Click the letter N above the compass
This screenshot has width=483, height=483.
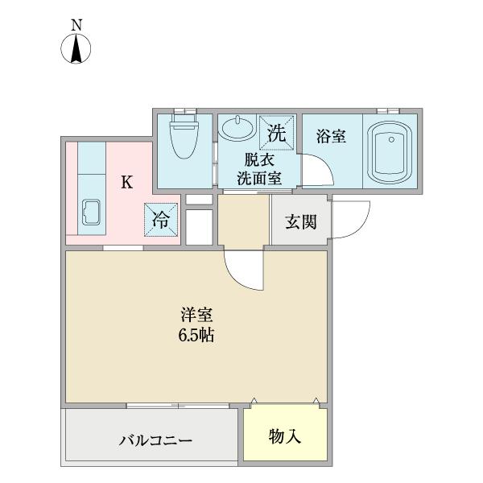coord(76,25)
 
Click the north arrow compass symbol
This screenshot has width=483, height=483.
coord(76,49)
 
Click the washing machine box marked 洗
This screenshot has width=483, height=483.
coord(276,133)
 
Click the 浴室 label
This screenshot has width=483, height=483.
coord(331,137)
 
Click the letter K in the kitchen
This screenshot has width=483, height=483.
coord(126,182)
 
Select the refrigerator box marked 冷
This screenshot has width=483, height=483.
coord(161,220)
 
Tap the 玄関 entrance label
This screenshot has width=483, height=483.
coord(300,222)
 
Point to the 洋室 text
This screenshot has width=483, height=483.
coord(196,315)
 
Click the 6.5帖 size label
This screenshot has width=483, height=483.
coord(196,335)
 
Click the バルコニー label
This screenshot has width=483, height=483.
coord(155,440)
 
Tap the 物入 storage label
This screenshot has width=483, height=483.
coord(285,437)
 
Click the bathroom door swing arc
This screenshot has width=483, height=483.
coord(316,170)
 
